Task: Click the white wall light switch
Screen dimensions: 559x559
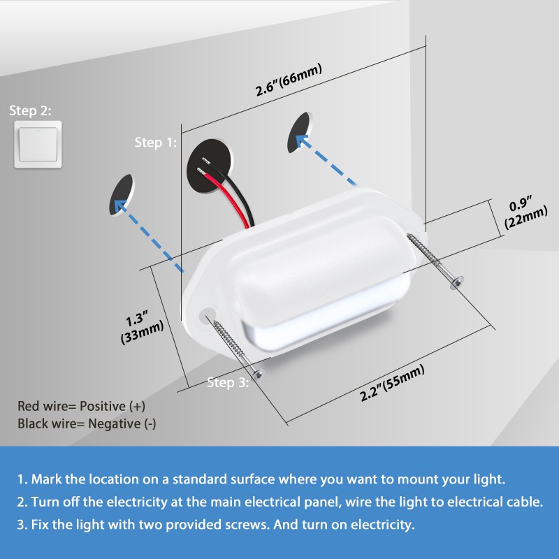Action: pos(38,144)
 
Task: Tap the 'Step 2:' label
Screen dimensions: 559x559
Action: pos(30,110)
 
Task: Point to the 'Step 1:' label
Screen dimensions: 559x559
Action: pos(156,143)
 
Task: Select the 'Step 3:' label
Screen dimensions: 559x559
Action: pos(227,382)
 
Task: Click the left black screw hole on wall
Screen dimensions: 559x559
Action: pos(122,194)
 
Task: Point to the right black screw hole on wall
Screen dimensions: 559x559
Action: pos(300,133)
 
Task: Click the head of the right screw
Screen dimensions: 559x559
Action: pos(458,281)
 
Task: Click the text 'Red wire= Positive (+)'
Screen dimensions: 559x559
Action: pos(81,406)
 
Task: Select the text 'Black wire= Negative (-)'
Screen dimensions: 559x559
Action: pos(87,423)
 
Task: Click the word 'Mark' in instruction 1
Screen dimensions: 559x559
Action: pos(46,479)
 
